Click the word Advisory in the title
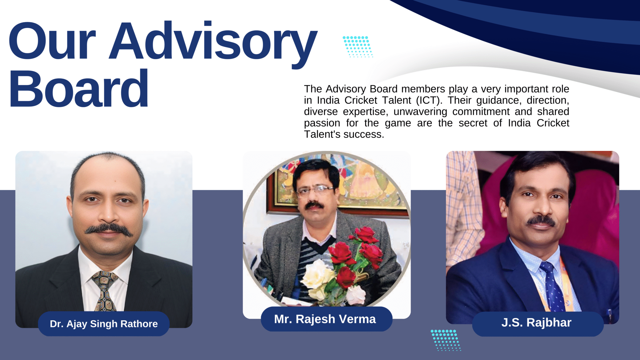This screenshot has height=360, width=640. [213, 44]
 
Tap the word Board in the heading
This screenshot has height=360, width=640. [79, 88]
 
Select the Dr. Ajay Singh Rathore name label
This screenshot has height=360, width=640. [104, 324]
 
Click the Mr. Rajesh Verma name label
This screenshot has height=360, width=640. [327, 319]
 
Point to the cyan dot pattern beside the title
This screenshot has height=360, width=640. [358, 47]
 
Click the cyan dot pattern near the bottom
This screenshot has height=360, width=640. [446, 340]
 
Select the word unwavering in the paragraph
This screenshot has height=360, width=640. [420, 112]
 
